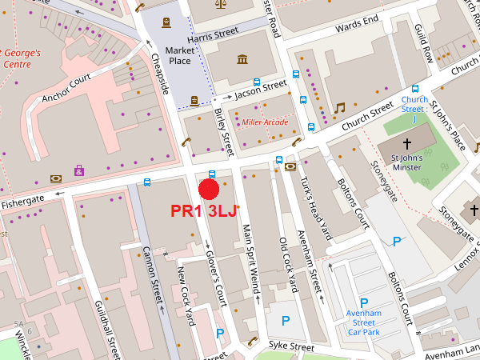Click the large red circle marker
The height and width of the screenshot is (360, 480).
point(209,189)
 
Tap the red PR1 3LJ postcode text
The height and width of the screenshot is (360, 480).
point(204,212)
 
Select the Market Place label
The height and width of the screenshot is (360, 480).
point(180,56)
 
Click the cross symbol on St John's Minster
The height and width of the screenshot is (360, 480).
point(407,144)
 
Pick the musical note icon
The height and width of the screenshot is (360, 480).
point(339,107)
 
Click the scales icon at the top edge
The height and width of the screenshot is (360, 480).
point(221,3)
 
